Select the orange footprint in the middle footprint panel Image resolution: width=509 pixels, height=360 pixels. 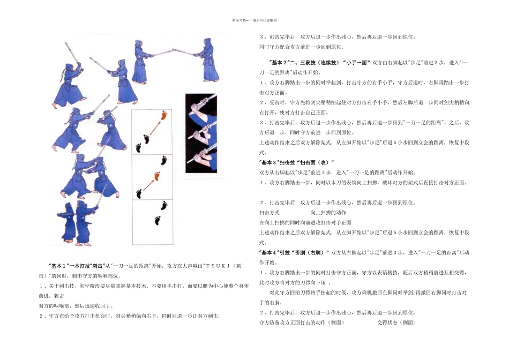click(x=156, y=176)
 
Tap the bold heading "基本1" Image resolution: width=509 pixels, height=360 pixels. click(x=59, y=266)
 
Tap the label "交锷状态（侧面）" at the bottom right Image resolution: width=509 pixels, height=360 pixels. click(x=396, y=322)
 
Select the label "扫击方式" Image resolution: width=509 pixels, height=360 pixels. click(x=270, y=213)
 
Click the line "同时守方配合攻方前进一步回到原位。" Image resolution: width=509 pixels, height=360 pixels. click(x=297, y=47)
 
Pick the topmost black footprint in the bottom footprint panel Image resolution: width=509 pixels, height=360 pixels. click(x=162, y=205)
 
